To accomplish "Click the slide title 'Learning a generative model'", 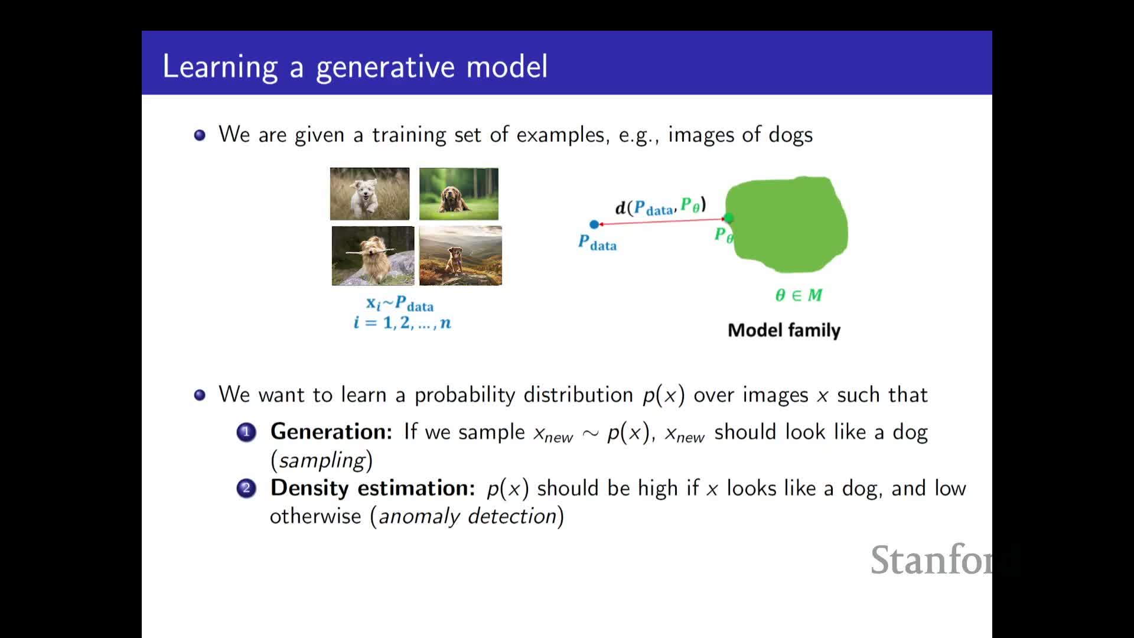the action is click(355, 67).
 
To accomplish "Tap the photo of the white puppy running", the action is click(370, 194).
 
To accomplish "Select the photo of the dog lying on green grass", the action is click(459, 194).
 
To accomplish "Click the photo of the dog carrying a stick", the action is click(373, 256).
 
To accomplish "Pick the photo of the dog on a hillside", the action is click(461, 256).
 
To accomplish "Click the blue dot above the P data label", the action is click(594, 224).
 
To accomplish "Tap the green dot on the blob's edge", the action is click(729, 219).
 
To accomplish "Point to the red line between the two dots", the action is click(661, 222).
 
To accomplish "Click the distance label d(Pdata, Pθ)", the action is click(661, 206).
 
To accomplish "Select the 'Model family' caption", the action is click(784, 330).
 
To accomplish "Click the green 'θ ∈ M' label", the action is click(799, 295).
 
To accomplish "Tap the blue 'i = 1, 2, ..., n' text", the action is click(402, 323).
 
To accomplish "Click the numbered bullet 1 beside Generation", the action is click(246, 432).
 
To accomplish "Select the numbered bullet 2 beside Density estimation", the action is click(246, 489).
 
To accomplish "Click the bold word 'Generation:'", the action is click(331, 432).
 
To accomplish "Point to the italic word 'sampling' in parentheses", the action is click(322, 460).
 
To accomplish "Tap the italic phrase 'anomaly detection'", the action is click(467, 516).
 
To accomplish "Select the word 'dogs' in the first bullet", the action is click(791, 135).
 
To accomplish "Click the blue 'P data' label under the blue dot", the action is click(597, 243).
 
